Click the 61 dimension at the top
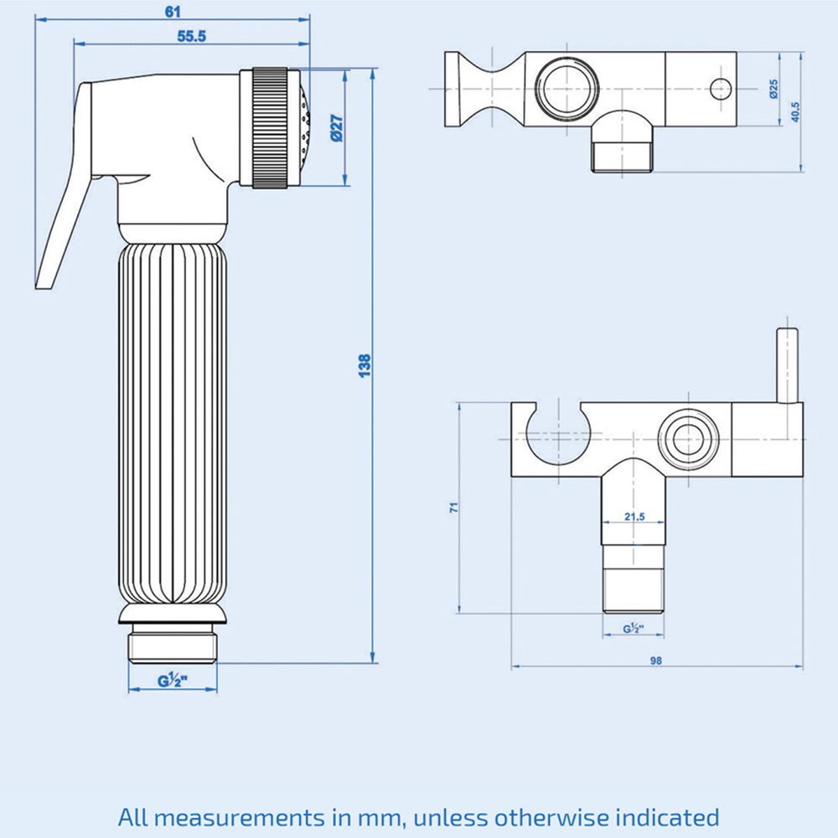coord(172,11)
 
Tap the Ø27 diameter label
coord(334,127)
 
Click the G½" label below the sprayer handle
coord(171,681)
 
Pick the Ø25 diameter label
coord(773,90)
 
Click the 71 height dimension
coord(453,508)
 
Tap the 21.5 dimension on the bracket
coord(634,517)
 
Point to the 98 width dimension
coord(655,660)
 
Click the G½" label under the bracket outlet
coord(633,628)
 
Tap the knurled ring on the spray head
coord(270,127)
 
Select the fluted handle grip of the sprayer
coord(172,419)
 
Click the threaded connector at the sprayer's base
coord(172,644)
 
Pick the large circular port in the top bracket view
coord(563,88)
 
